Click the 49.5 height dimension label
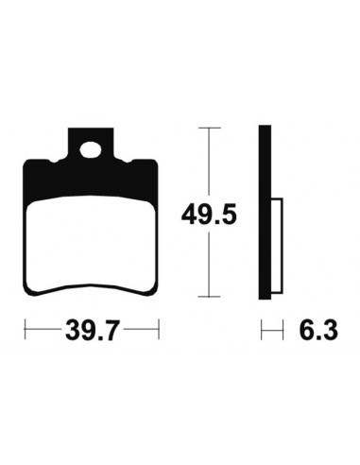tap(209, 215)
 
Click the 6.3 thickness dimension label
tap(318, 330)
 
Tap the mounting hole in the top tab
tap(91, 149)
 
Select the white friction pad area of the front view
tap(91, 243)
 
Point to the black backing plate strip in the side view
tap(265, 213)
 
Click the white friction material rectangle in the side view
tap(277, 246)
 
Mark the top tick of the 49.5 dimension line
tap(209, 129)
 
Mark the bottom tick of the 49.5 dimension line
tap(209, 297)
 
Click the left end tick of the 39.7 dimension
tap(25, 330)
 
